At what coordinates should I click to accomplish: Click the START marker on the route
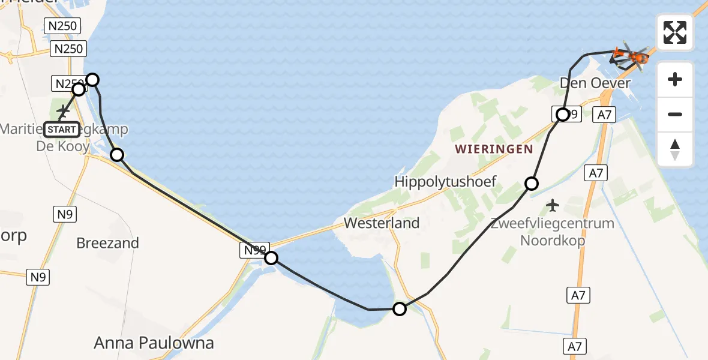click(61, 130)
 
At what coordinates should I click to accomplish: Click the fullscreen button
click(675, 32)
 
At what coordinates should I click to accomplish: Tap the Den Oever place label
click(589, 83)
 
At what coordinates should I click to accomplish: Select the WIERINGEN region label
click(494, 149)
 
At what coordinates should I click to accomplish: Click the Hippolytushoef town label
click(445, 181)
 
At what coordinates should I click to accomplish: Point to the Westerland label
click(382, 223)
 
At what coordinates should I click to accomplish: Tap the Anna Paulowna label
click(154, 343)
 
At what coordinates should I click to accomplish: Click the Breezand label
click(108, 243)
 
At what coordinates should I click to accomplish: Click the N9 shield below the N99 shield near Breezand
click(38, 277)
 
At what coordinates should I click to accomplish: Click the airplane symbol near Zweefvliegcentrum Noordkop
click(553, 206)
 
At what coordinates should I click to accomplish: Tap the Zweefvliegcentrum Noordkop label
click(552, 232)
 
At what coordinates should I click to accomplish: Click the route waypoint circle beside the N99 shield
click(271, 258)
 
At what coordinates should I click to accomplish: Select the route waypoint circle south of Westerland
click(399, 309)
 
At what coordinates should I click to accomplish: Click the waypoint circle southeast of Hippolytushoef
click(532, 184)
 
